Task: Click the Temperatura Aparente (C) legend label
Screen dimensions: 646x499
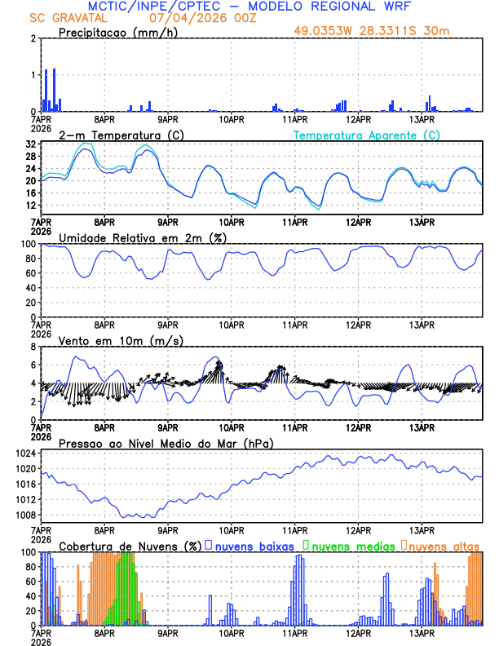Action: pos(367,135)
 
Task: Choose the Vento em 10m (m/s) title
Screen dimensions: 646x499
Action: pos(108,340)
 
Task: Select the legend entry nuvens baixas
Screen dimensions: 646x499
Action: pos(254,545)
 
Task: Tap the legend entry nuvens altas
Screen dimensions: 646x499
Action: pos(444,545)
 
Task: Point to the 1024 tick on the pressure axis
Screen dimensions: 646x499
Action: pos(27,454)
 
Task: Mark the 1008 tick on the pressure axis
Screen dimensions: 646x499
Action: pos(27,515)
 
